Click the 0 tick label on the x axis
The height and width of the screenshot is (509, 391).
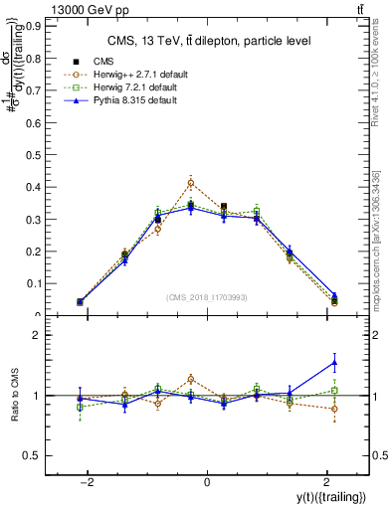[x=207, y=482]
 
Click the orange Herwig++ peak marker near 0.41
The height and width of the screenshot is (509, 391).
[x=191, y=183]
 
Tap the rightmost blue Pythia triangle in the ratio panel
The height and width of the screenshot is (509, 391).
[x=334, y=362]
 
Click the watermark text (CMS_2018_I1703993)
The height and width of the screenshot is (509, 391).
[x=207, y=297]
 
